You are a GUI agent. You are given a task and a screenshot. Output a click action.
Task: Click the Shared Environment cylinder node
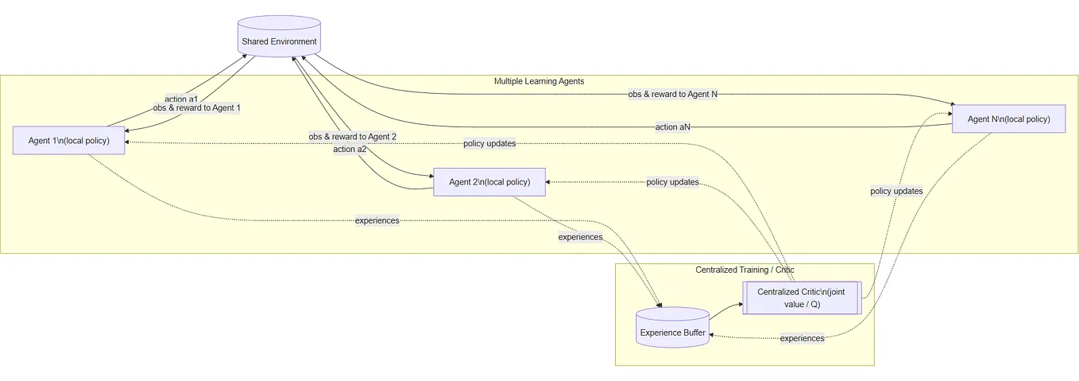coord(279,41)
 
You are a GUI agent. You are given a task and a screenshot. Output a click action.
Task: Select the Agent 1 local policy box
coord(69,141)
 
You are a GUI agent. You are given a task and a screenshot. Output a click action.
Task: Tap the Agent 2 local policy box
coord(489,182)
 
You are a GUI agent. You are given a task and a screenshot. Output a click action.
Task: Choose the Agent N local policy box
coord(1008,119)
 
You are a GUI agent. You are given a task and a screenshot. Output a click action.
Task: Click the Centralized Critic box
coord(801,298)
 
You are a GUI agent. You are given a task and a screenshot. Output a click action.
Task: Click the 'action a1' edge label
coord(180,99)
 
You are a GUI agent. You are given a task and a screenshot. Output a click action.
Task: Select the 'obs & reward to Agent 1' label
coord(197,108)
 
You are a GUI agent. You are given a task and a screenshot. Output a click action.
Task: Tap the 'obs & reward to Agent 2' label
coord(353,137)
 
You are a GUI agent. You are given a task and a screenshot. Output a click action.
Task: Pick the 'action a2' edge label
coord(350,149)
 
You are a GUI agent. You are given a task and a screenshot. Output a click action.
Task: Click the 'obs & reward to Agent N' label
coord(672,94)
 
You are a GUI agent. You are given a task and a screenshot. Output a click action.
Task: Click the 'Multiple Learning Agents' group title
coord(539,81)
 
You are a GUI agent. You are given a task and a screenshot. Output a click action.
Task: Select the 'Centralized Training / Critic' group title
coord(744,270)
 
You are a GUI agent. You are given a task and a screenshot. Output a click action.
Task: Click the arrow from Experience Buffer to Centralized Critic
coord(725,310)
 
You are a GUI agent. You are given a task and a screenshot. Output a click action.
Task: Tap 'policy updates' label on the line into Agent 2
coord(672,182)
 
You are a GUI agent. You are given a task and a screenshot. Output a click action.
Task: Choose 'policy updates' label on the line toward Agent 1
coord(489,144)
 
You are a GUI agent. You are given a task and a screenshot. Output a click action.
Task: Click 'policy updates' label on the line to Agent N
coord(896,191)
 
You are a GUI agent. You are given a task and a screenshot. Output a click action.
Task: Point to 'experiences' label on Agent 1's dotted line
coord(377,220)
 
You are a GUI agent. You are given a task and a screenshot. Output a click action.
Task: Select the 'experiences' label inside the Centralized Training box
coord(802,338)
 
